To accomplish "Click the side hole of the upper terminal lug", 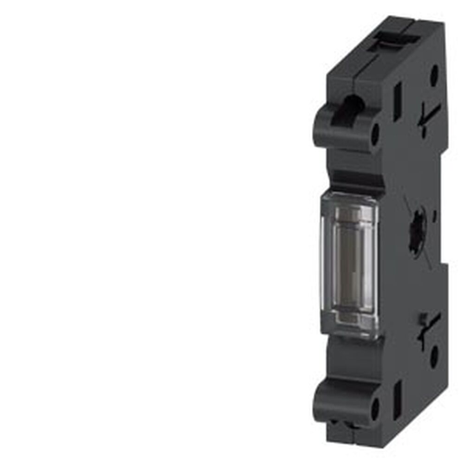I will [375, 133].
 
